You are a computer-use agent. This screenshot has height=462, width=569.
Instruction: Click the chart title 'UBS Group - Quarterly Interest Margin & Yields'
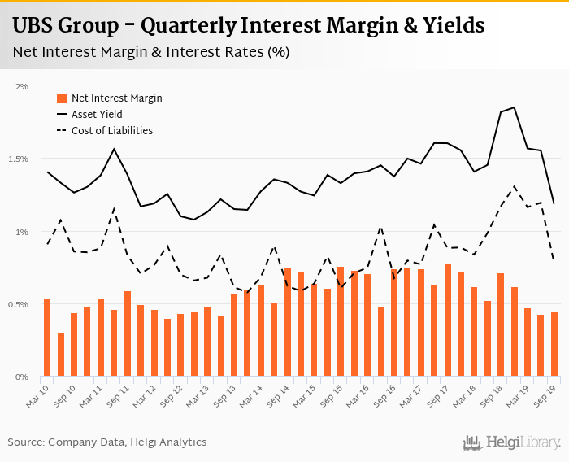(249, 25)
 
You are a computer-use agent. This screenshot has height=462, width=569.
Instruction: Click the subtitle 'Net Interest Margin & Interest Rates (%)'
(151, 52)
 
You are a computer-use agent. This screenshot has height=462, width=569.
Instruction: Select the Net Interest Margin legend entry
(116, 98)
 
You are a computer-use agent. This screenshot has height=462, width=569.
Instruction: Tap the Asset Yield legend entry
(97, 115)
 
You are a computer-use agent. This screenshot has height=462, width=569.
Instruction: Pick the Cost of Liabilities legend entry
(111, 130)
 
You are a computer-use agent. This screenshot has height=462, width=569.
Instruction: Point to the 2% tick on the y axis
(22, 85)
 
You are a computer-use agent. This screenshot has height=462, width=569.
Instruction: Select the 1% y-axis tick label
(22, 232)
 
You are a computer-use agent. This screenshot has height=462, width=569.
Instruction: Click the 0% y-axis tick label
(22, 377)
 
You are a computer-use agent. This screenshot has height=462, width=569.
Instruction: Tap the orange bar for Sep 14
(288, 323)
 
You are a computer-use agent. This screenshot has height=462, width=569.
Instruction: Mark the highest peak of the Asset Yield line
(515, 107)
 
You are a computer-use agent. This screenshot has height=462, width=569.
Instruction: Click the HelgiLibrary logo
(512, 442)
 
